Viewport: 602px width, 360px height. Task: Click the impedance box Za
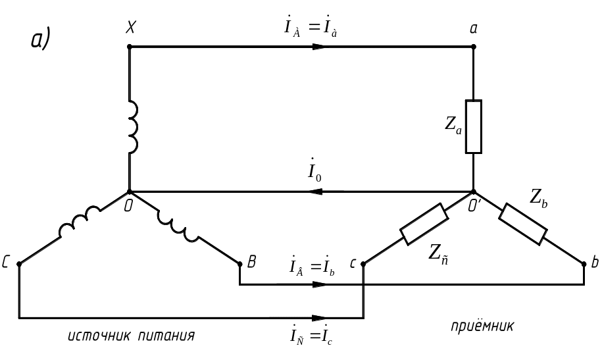(474, 127)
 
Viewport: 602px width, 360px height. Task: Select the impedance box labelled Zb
(523, 224)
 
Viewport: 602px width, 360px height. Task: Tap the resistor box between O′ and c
(424, 224)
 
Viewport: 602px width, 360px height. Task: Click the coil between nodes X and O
(133, 127)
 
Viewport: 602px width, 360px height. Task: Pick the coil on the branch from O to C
(80, 222)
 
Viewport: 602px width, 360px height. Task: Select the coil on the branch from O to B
(178, 226)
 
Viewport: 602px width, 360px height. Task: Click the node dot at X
(130, 47)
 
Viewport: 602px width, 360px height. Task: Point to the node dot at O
(130, 192)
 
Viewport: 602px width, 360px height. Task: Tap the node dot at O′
(474, 192)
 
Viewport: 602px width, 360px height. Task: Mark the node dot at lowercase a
(474, 47)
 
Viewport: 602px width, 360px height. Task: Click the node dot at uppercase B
(240, 264)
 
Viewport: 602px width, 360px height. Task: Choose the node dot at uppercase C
(19, 264)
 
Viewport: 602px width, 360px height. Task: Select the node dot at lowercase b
(584, 264)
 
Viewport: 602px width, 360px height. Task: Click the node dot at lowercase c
(363, 264)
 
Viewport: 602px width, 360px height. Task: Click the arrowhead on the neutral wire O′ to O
(315, 192)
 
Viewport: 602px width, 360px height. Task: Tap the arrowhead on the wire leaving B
(320, 284)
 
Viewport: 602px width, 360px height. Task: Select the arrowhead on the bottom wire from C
(320, 318)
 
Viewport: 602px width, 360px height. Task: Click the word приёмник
(482, 326)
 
